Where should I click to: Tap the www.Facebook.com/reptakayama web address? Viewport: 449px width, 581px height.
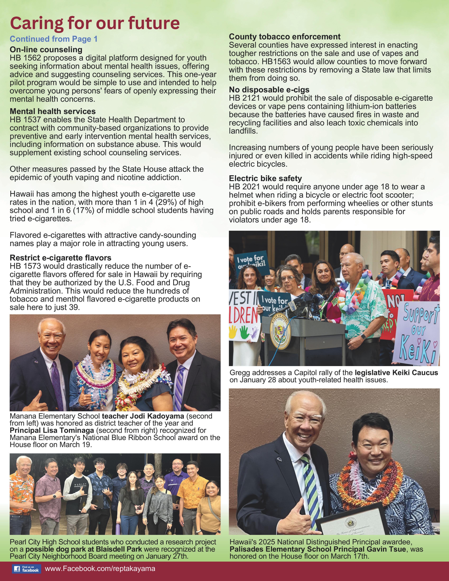tap(100, 568)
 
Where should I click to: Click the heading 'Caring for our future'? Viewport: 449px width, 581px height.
tap(95, 23)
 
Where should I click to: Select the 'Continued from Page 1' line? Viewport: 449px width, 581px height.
tap(54, 39)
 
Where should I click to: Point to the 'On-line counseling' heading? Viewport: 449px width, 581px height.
tap(46, 50)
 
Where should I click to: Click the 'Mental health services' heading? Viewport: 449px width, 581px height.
tap(53, 111)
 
